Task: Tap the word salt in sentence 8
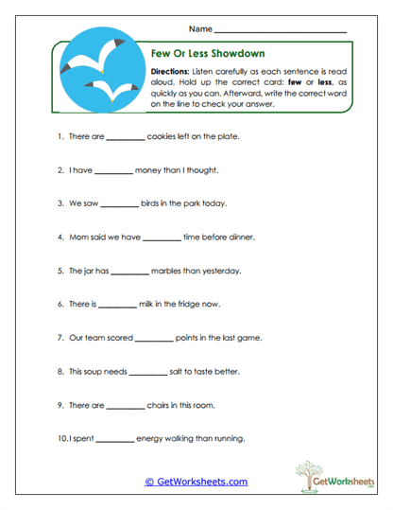click(178, 372)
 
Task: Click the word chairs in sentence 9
click(160, 405)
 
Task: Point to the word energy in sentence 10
click(154, 439)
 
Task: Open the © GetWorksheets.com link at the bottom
click(196, 482)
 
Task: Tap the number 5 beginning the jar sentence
click(60, 271)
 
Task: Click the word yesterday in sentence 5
click(221, 271)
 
